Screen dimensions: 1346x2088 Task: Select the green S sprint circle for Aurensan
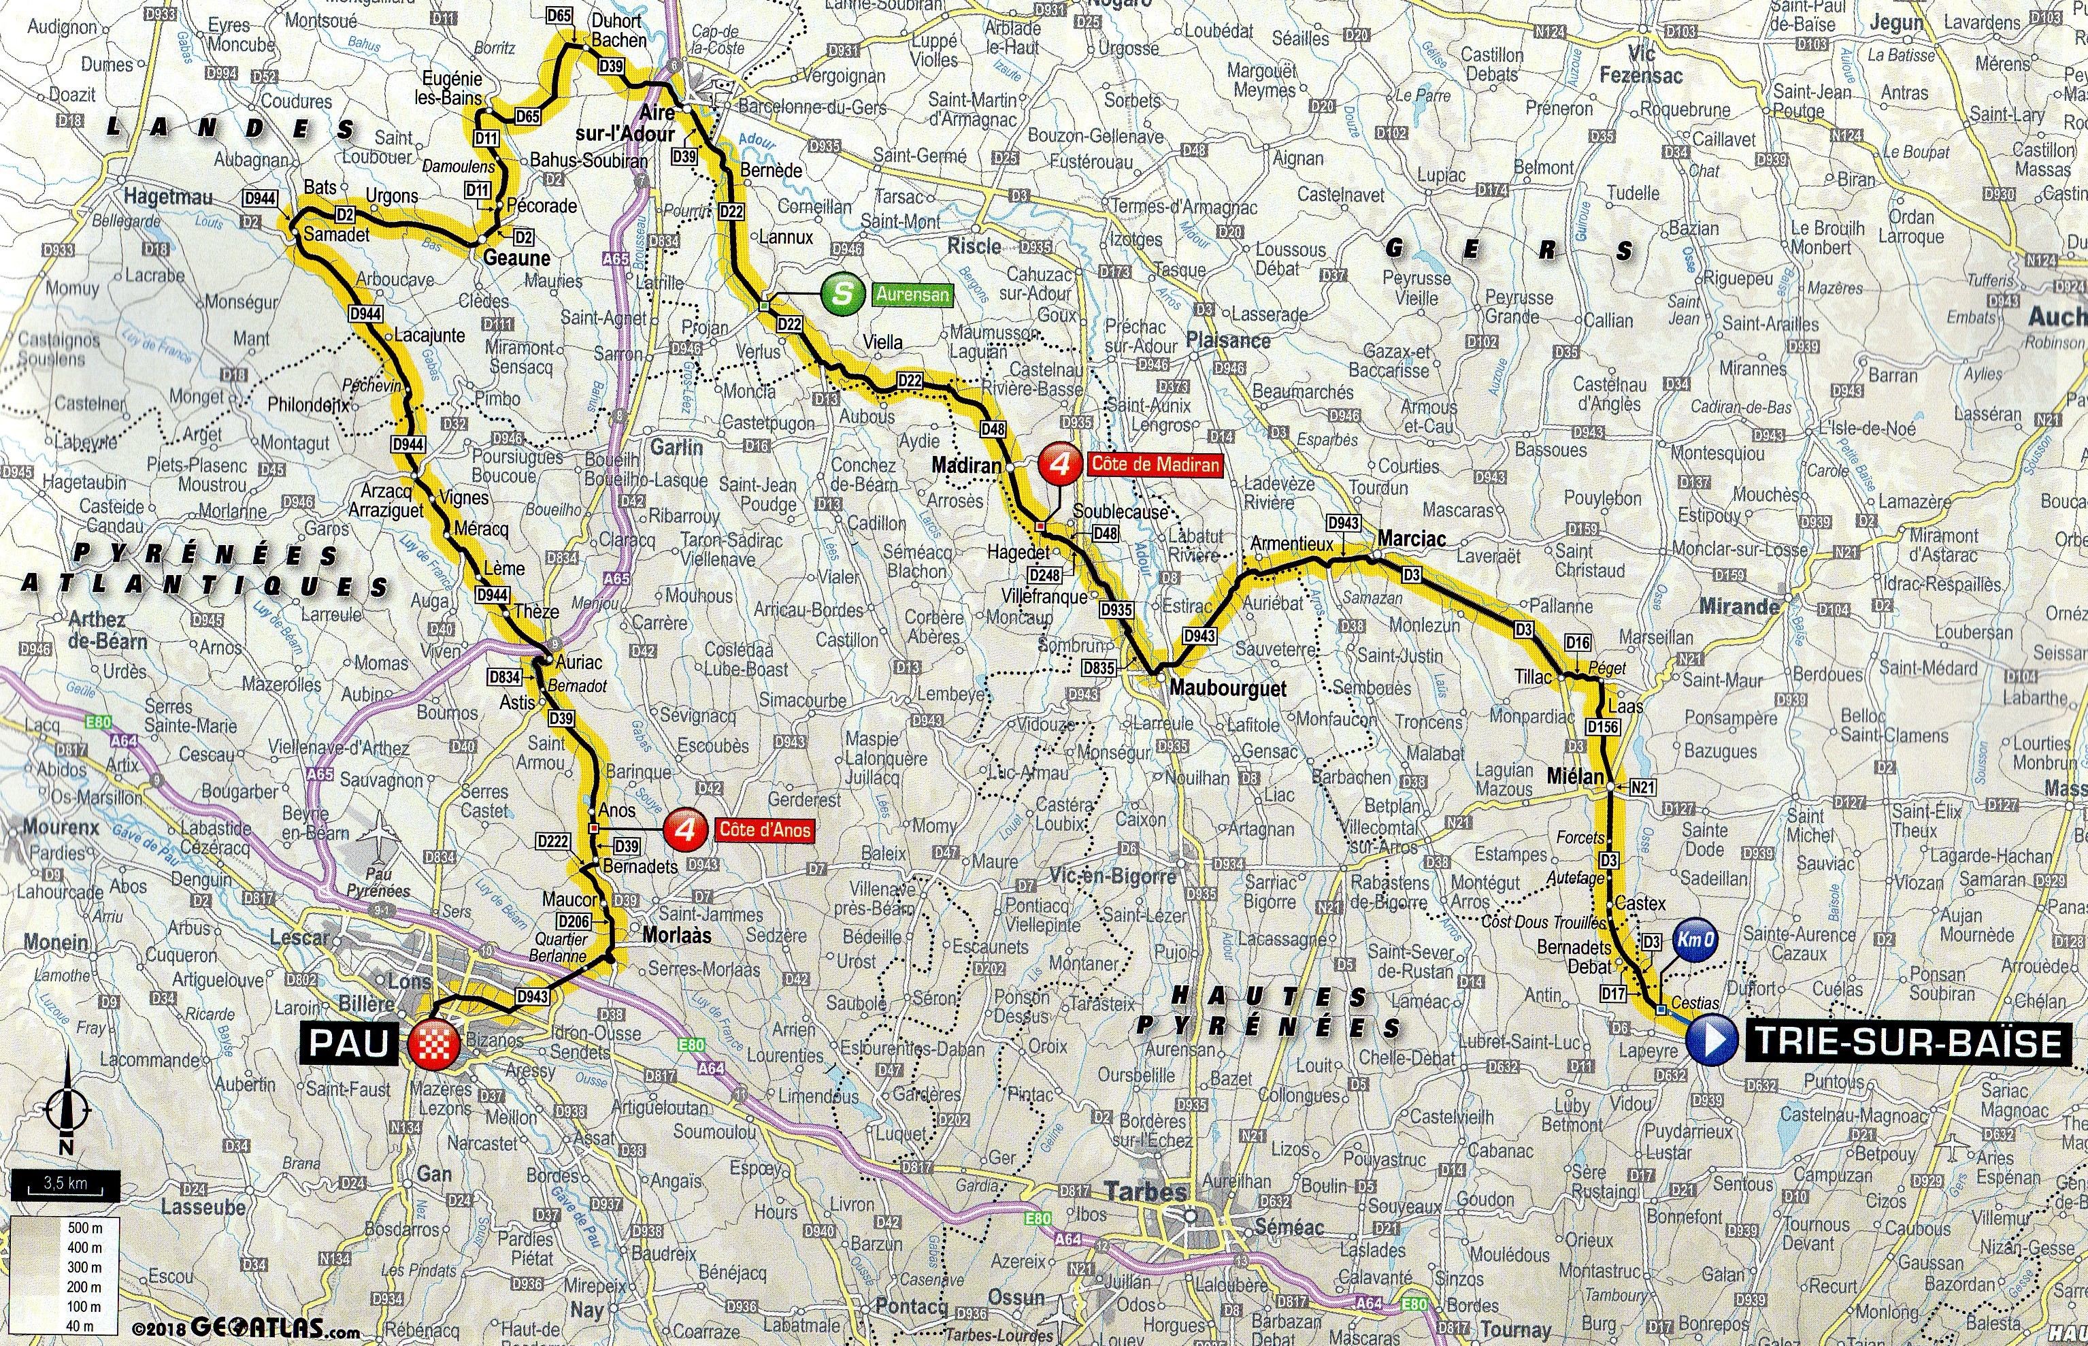(842, 294)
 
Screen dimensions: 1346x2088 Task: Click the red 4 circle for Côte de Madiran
(1061, 465)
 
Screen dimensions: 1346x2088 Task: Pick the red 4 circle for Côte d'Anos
(686, 829)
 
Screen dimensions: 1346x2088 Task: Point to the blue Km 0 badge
(1695, 941)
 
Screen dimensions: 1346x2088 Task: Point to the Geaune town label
(516, 258)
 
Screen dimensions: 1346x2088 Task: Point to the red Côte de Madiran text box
(1153, 465)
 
